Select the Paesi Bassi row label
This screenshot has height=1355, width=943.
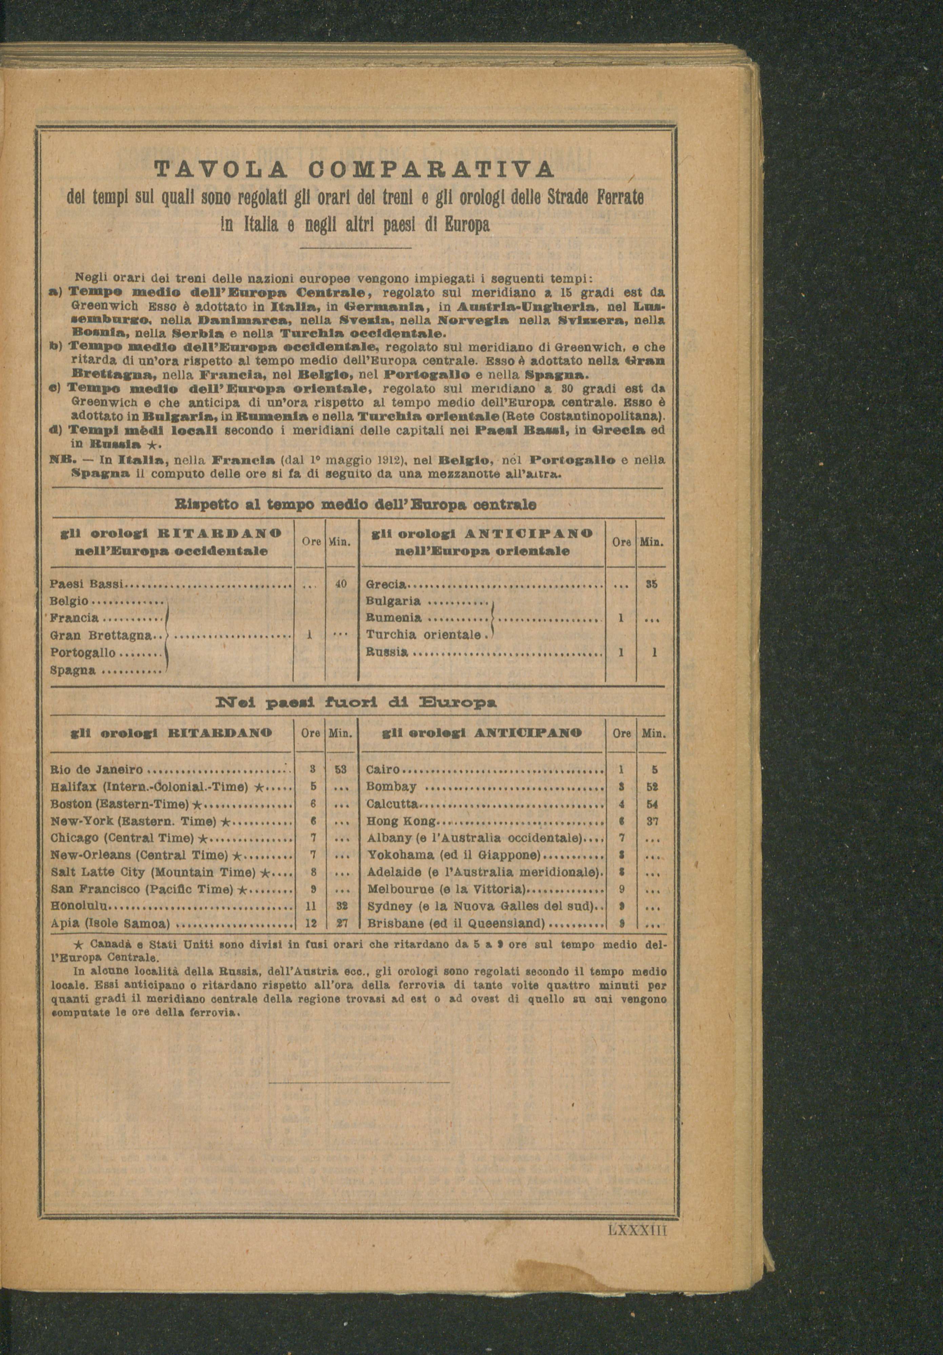(86, 584)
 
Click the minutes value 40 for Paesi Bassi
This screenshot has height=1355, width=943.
(340, 584)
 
